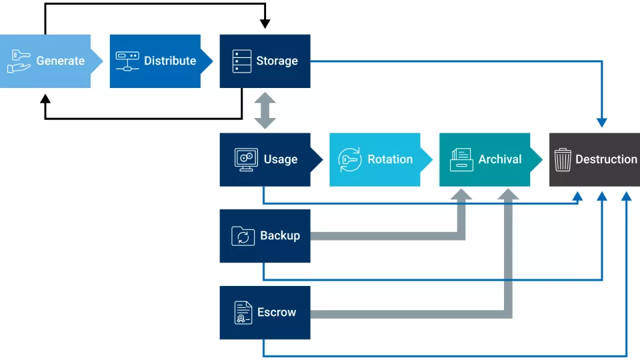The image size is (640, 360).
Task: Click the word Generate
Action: click(x=60, y=61)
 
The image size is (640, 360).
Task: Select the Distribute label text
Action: click(x=170, y=61)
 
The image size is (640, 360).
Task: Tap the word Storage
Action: click(x=277, y=61)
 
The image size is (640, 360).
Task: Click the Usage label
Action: click(x=280, y=159)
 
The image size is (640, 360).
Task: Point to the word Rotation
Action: click(x=390, y=159)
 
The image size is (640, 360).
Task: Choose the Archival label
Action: click(x=500, y=159)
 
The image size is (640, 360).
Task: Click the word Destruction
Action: click(x=606, y=159)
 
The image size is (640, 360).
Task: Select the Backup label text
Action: click(x=279, y=235)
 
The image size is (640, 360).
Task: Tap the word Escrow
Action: click(x=277, y=312)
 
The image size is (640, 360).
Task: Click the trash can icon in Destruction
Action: click(x=563, y=159)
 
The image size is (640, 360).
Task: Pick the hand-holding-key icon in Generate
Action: click(x=19, y=61)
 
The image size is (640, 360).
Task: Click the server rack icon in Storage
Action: click(x=241, y=61)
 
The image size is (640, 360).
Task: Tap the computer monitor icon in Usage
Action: click(x=245, y=159)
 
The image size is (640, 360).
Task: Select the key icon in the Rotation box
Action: click(x=350, y=159)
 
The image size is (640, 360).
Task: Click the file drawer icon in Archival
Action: click(x=461, y=159)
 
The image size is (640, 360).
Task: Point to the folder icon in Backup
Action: click(x=243, y=236)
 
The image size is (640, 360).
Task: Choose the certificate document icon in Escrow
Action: click(x=243, y=312)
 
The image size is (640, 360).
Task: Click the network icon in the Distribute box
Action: click(x=127, y=61)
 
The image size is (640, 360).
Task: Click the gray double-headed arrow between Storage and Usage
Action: click(x=265, y=111)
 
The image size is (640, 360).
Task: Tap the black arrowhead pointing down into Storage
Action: click(x=265, y=24)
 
